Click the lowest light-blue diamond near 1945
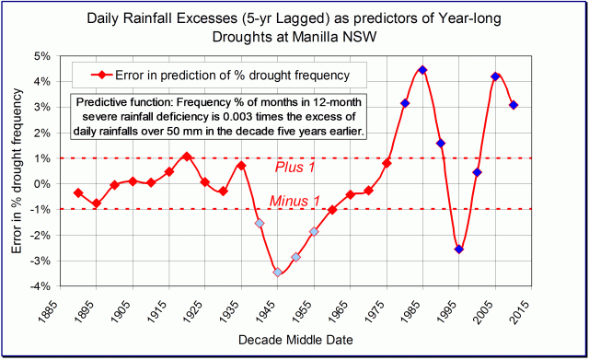tap(277, 272)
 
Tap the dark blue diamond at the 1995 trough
tap(459, 249)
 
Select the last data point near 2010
tap(514, 105)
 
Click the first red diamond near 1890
tap(78, 193)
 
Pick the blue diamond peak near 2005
tap(495, 76)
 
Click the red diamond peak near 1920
tap(187, 157)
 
